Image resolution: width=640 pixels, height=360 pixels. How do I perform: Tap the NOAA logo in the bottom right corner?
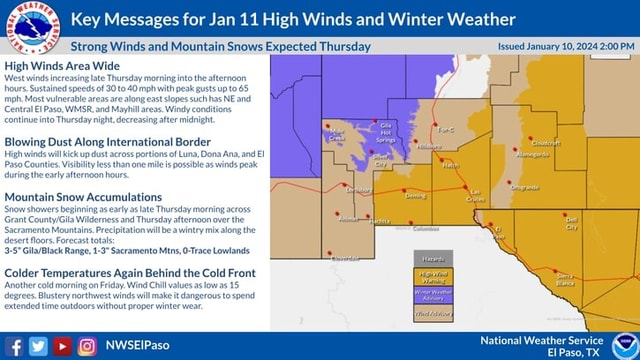[623, 345]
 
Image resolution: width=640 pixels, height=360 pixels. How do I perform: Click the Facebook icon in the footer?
[14, 346]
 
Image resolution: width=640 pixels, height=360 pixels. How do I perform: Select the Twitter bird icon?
[38, 346]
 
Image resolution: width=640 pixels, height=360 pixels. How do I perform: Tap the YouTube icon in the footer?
[62, 346]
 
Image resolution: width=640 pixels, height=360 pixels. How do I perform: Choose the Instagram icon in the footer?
[86, 346]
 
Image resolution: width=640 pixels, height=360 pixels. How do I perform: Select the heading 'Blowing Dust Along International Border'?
[108, 142]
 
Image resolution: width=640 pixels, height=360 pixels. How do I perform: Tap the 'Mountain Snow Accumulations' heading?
[83, 198]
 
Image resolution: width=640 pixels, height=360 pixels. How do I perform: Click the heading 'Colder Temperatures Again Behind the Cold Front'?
[130, 273]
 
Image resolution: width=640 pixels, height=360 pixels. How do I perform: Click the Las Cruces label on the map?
[476, 195]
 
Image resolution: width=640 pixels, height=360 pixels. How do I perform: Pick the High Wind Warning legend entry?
[433, 276]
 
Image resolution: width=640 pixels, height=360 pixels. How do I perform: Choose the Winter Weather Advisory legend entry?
[433, 294]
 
